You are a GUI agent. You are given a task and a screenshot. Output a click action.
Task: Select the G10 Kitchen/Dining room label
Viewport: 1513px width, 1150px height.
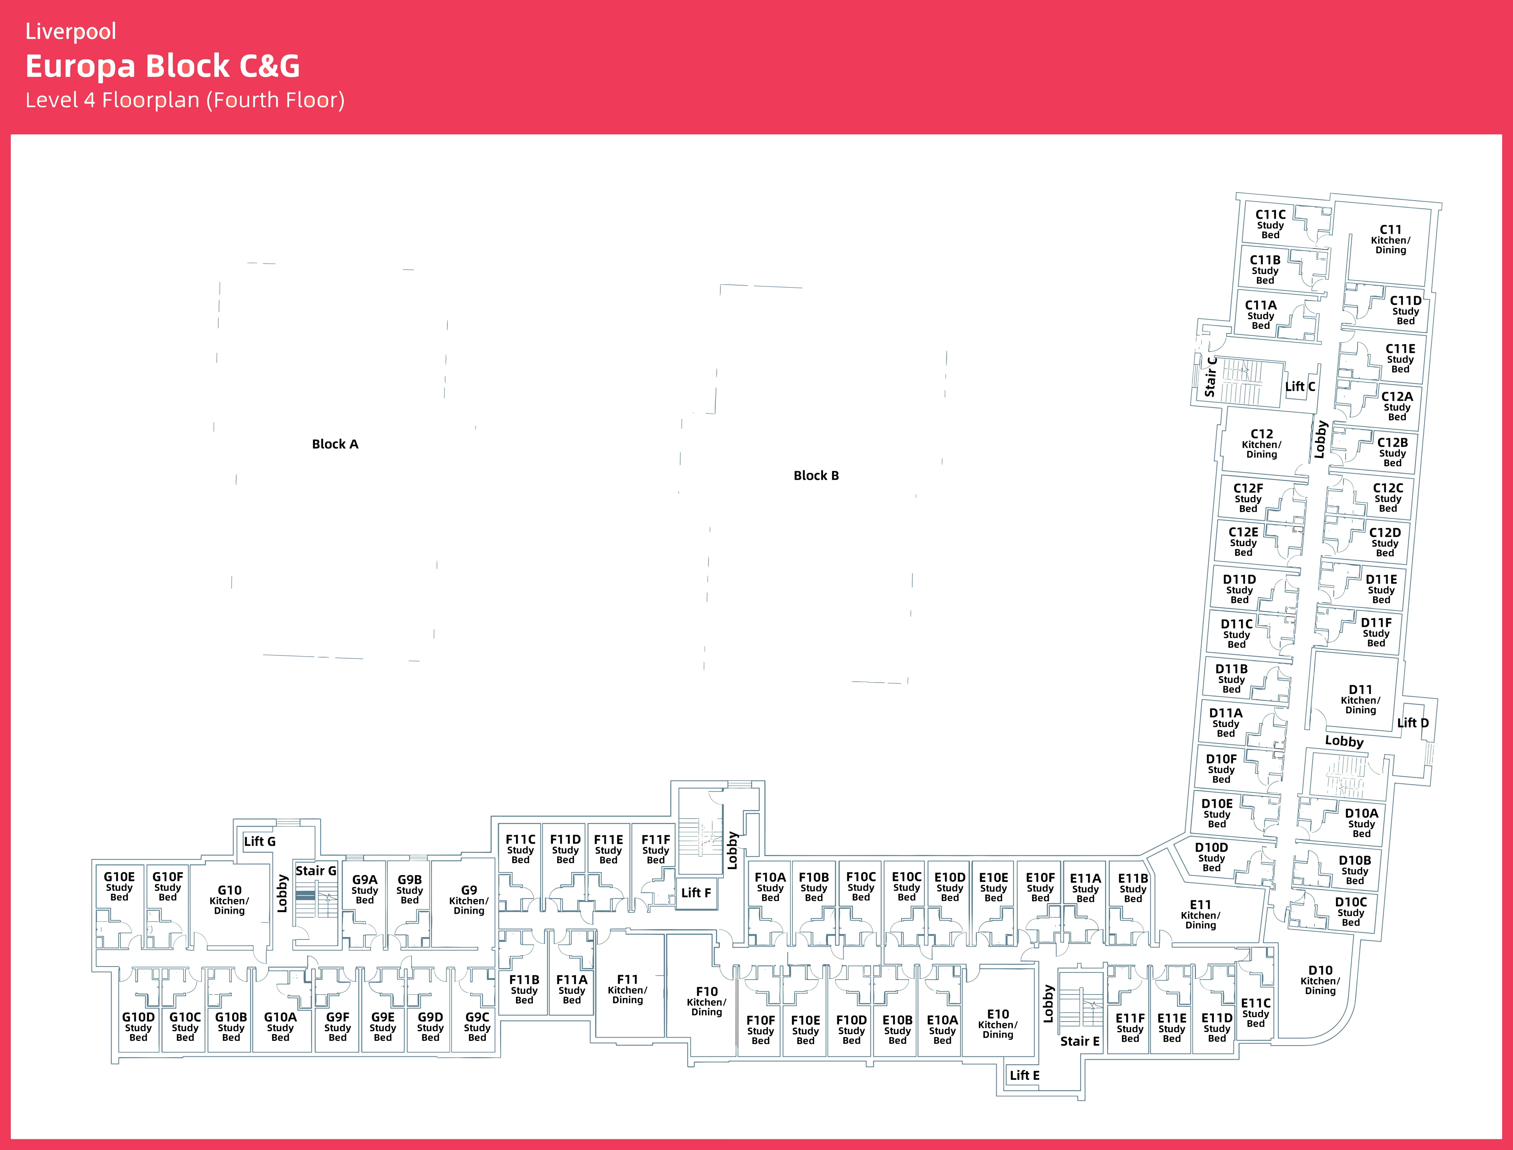[229, 900]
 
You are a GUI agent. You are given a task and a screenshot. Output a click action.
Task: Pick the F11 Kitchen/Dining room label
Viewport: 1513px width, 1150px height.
[627, 989]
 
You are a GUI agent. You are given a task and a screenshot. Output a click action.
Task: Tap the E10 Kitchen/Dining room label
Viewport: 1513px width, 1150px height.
[998, 1024]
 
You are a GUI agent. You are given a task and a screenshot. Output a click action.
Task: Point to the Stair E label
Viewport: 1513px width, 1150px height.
[1080, 1041]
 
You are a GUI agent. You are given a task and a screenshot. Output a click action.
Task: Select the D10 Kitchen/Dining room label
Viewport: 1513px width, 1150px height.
[1320, 980]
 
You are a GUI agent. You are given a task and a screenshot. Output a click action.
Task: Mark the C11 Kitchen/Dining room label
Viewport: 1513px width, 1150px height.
[1390, 240]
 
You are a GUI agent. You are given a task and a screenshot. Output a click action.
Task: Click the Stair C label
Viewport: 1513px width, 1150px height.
[1210, 377]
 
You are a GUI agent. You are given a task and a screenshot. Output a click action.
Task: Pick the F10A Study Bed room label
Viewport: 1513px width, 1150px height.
[770, 887]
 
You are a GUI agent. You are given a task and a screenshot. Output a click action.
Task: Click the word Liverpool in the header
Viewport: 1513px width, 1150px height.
[70, 31]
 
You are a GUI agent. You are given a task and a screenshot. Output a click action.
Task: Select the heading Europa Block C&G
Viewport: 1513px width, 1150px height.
[163, 66]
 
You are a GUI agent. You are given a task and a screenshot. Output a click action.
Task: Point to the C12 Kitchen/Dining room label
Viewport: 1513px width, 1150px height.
[1262, 444]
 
